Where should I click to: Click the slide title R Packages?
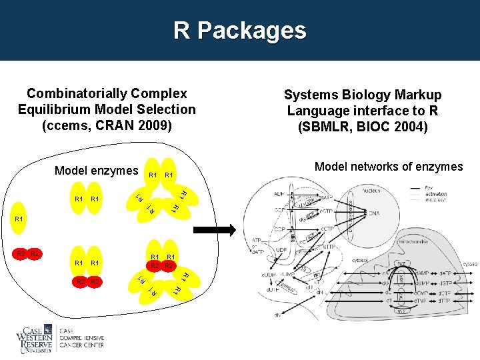point(240,31)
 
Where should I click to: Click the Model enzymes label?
point(96,171)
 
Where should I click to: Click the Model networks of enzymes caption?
point(388,167)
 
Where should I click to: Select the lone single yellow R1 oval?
point(19,219)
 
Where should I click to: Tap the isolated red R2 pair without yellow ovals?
point(29,254)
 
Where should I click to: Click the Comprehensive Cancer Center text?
point(81,338)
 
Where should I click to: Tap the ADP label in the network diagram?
point(281,195)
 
